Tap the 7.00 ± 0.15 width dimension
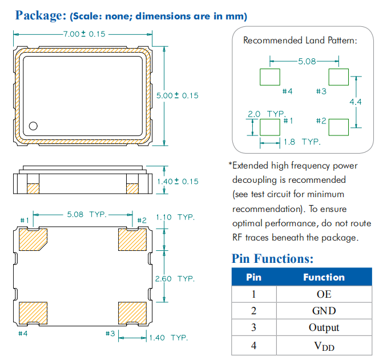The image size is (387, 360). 84,34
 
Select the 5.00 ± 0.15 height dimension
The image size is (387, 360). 178,95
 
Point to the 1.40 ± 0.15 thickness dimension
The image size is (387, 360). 178,181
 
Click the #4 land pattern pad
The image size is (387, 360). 270,77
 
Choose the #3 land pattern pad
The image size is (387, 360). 338,77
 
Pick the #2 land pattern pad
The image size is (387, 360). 338,127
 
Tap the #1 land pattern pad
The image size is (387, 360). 270,127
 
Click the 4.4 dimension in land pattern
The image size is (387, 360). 356,102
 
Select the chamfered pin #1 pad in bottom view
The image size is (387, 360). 33,239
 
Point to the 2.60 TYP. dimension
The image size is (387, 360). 175,279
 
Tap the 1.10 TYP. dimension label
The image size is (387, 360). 175,218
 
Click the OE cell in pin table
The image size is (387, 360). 324,294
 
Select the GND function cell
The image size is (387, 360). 324,311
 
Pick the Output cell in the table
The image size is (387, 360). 324,327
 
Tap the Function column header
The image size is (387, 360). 324,277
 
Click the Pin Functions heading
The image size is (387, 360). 272,259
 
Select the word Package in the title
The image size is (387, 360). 39,15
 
